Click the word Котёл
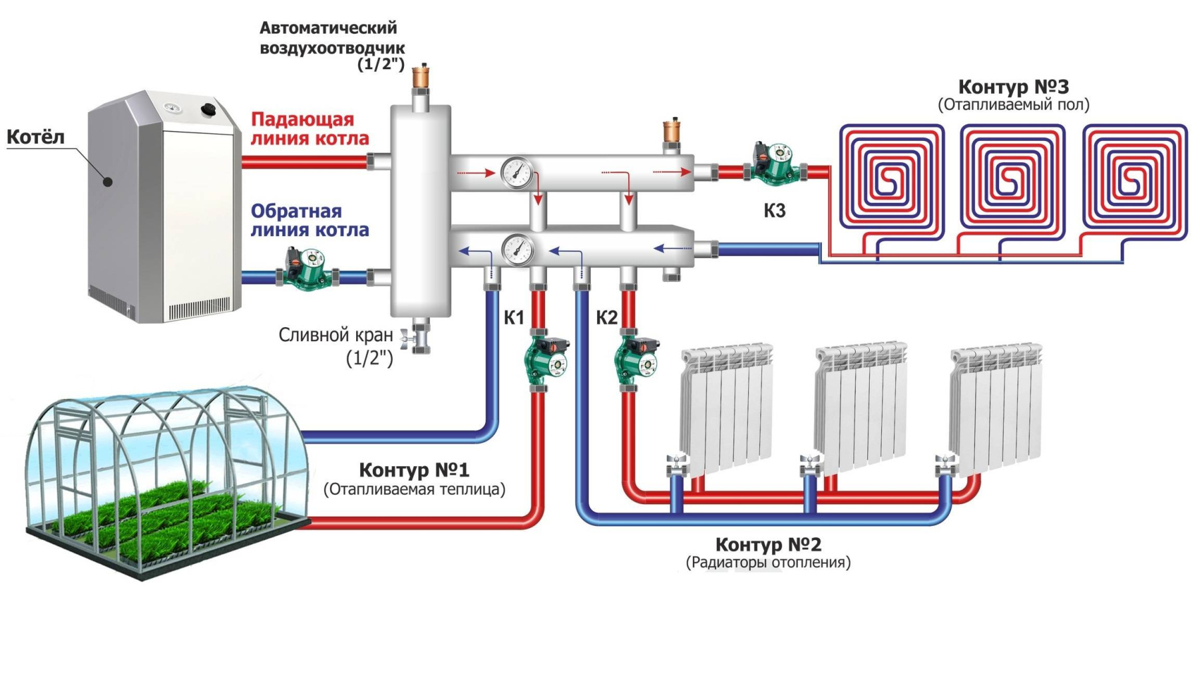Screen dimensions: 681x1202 (35, 137)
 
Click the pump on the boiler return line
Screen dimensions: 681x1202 (305, 269)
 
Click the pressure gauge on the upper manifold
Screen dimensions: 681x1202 (516, 173)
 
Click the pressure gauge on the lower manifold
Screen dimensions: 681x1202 (517, 250)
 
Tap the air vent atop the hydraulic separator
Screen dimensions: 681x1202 (421, 77)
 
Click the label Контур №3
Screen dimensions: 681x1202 (1013, 87)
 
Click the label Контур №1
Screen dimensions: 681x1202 (414, 470)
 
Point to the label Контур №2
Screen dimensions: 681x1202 (768, 545)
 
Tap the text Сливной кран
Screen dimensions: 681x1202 (335, 335)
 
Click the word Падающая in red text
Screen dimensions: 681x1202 (302, 120)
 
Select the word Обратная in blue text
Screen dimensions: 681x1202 (296, 211)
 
